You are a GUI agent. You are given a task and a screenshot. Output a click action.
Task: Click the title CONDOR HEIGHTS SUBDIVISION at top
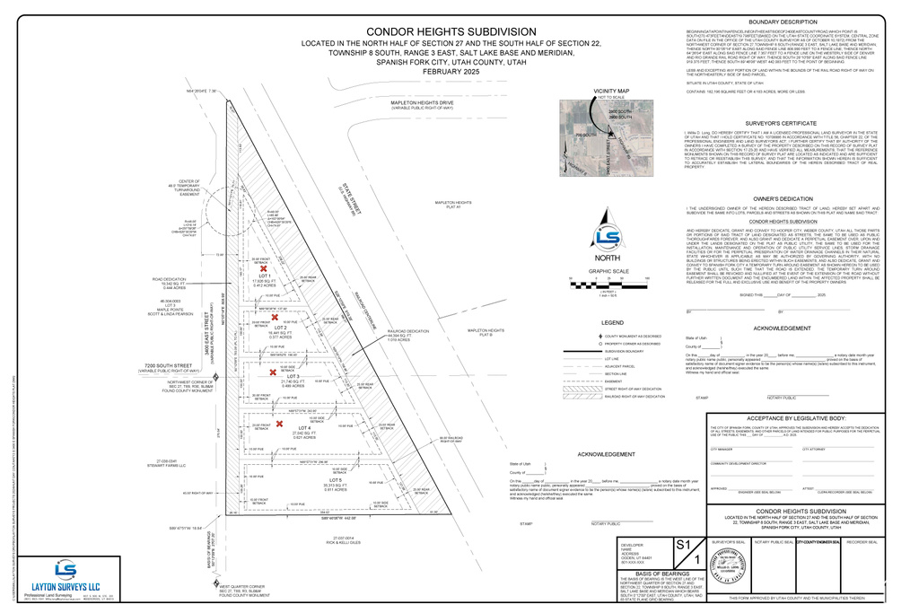(425, 32)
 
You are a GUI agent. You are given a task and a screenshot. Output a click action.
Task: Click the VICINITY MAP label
(611, 92)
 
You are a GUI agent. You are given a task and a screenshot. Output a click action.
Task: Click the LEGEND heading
(611, 321)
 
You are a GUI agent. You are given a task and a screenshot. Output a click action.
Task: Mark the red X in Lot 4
(279, 425)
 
